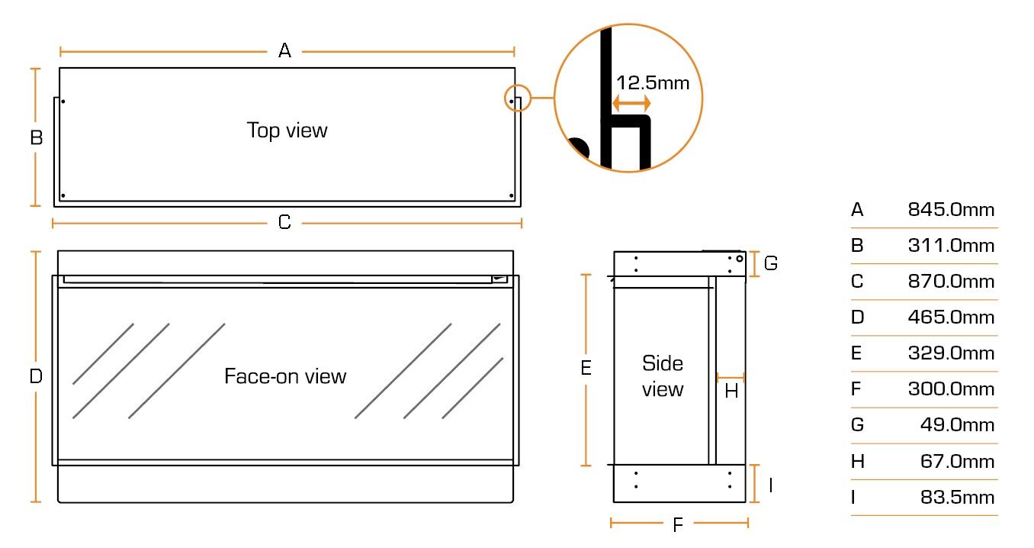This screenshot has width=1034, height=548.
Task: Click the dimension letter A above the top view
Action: point(284,51)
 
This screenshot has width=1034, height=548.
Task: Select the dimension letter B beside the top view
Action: point(36,137)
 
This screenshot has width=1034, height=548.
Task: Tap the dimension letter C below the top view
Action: point(284,222)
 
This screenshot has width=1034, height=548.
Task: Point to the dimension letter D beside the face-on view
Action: point(36,376)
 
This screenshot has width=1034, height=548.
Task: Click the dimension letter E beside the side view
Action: point(586,369)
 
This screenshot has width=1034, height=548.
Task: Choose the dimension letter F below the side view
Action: point(678,524)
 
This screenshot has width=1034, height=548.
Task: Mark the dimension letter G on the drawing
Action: point(771,263)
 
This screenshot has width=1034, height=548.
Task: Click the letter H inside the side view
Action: point(731,392)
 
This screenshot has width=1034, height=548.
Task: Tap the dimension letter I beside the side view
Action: point(771,485)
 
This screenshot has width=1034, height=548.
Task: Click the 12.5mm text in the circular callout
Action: point(652,82)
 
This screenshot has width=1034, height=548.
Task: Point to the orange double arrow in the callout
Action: point(632,103)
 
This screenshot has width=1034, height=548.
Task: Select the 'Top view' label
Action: point(287,130)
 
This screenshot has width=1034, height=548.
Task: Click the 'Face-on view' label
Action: point(285,376)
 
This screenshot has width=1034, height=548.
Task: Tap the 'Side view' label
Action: point(663,376)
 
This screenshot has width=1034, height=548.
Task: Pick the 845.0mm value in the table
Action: point(951,210)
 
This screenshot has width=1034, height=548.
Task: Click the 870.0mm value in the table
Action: point(951,282)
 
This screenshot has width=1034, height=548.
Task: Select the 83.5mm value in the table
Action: point(957,498)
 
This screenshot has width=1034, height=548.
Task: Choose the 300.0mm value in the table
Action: point(951,389)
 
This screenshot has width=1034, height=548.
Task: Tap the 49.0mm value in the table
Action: point(957,425)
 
